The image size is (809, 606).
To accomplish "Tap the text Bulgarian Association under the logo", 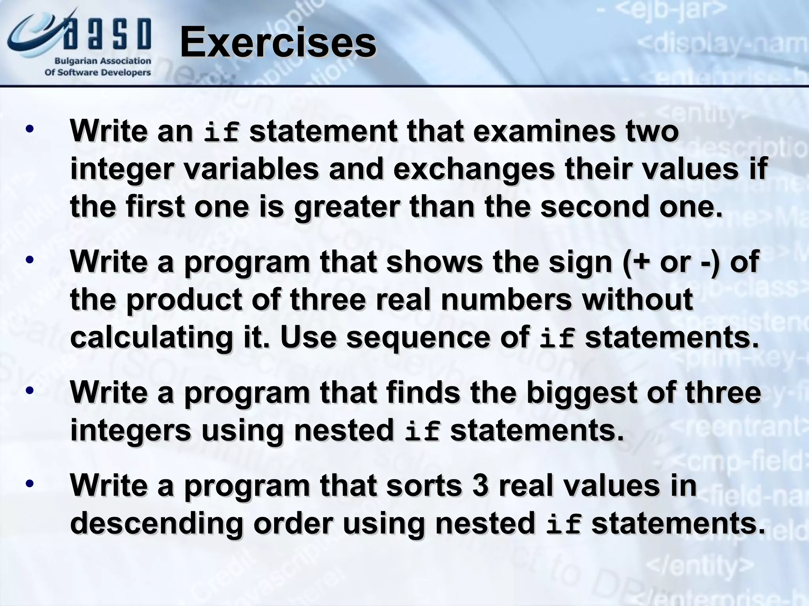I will point(102,61).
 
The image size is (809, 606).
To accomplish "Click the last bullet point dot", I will point(29,484).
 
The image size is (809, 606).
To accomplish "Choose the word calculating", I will point(151,338).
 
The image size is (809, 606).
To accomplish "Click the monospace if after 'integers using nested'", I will point(422,432).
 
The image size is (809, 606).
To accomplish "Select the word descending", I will point(156,523).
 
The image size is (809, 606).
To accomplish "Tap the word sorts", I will point(424,485).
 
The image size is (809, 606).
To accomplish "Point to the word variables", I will point(251,169).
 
